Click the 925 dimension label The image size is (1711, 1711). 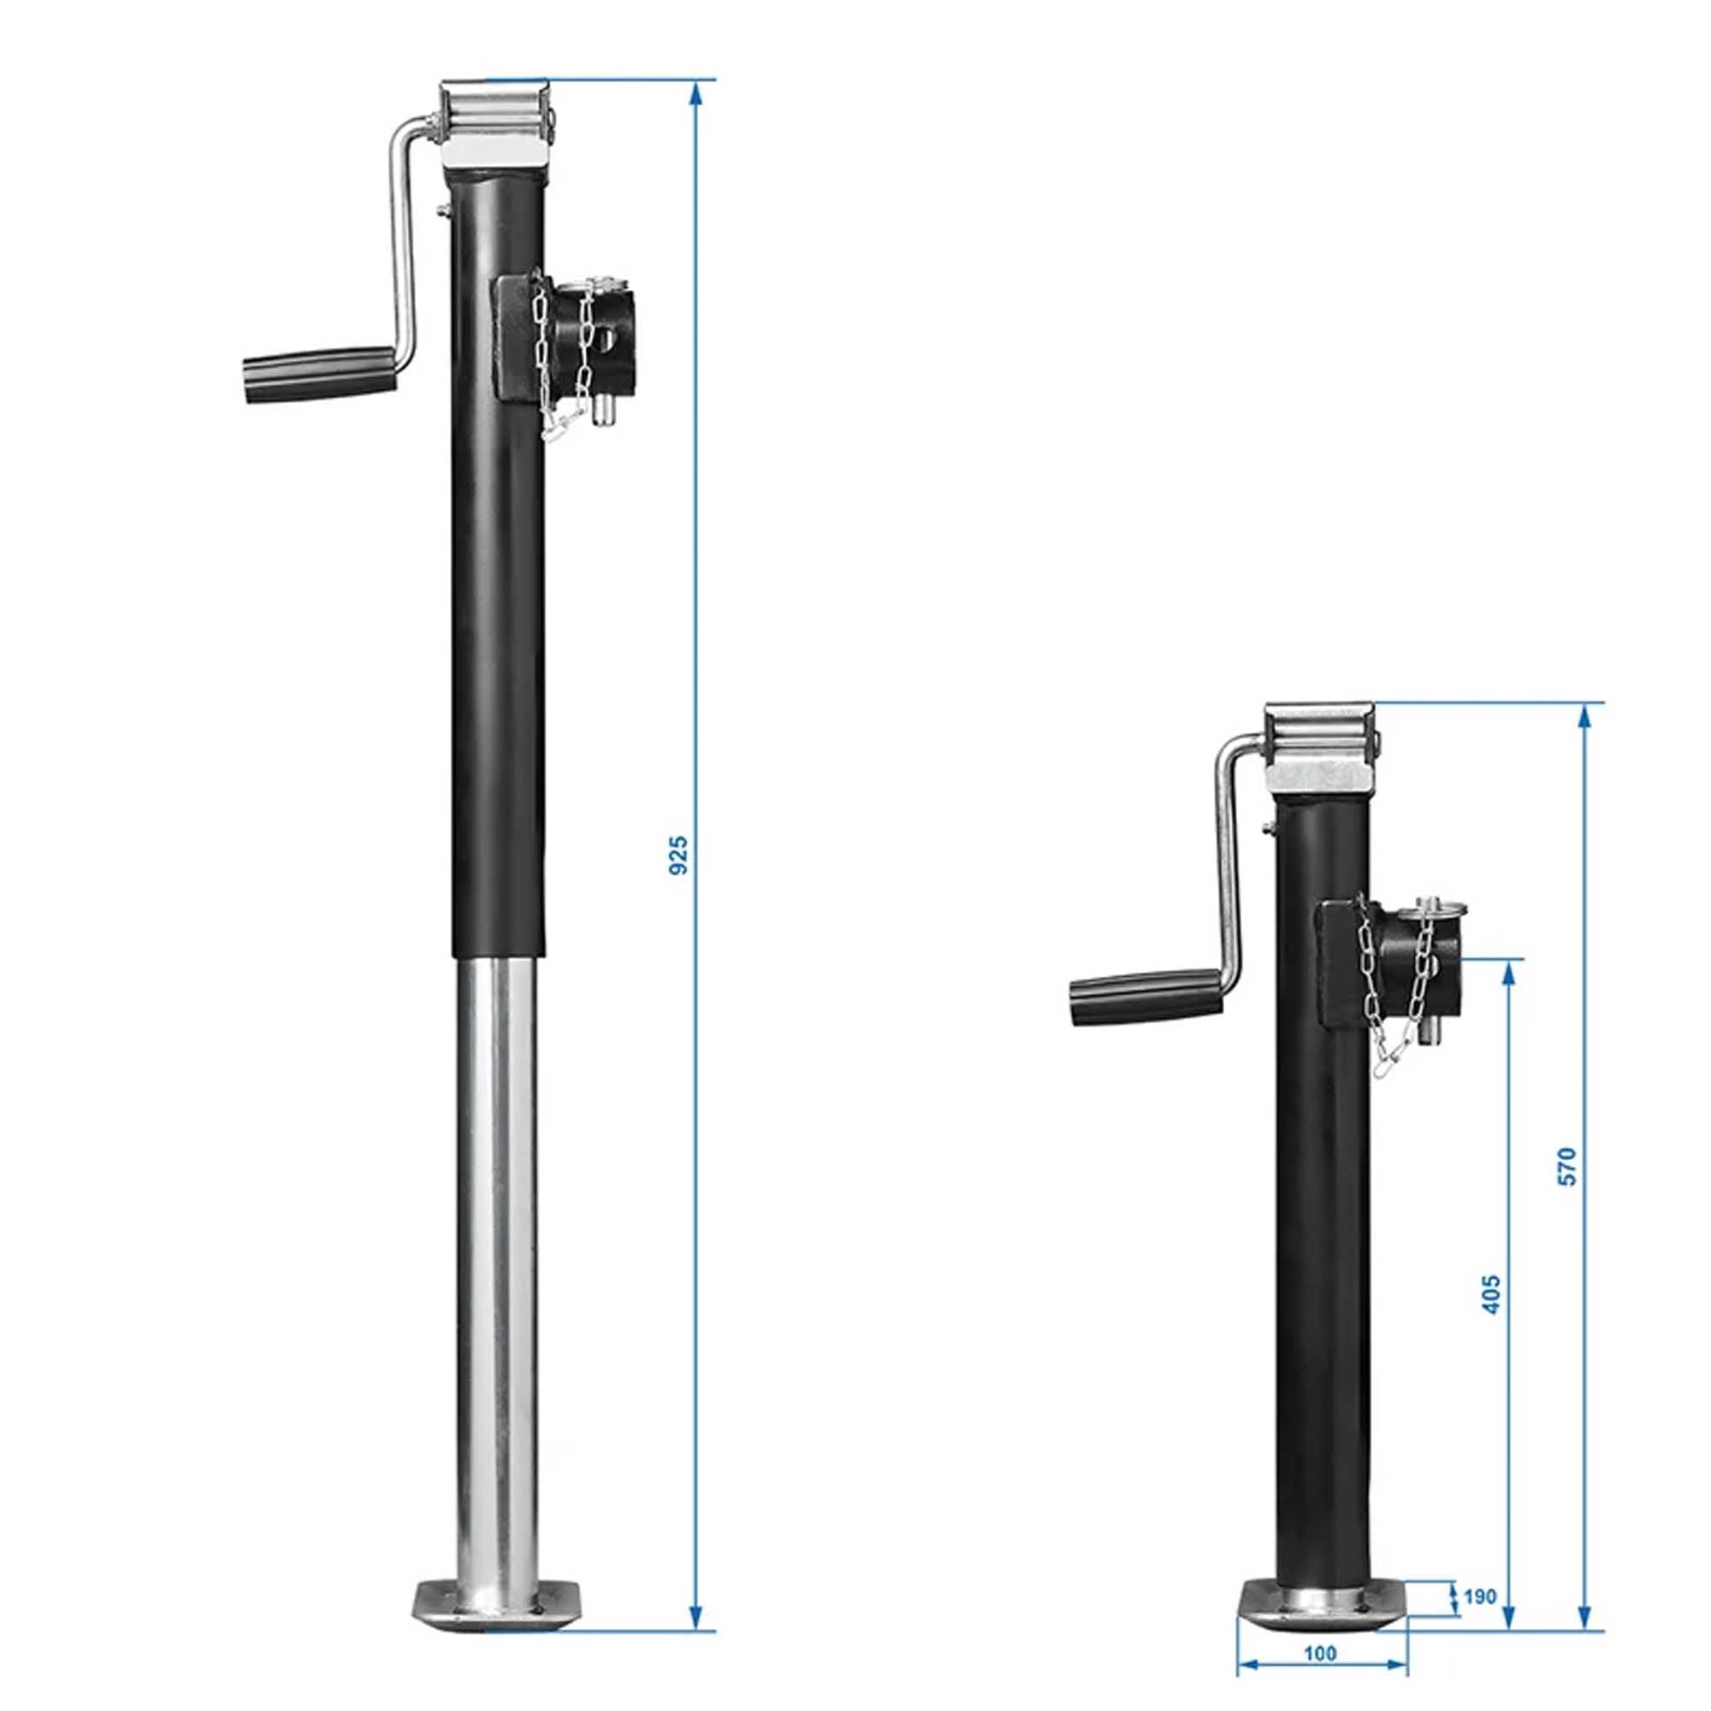pos(678,855)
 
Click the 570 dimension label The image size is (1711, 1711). pos(1567,1166)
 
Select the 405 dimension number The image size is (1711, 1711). pos(1492,1294)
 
